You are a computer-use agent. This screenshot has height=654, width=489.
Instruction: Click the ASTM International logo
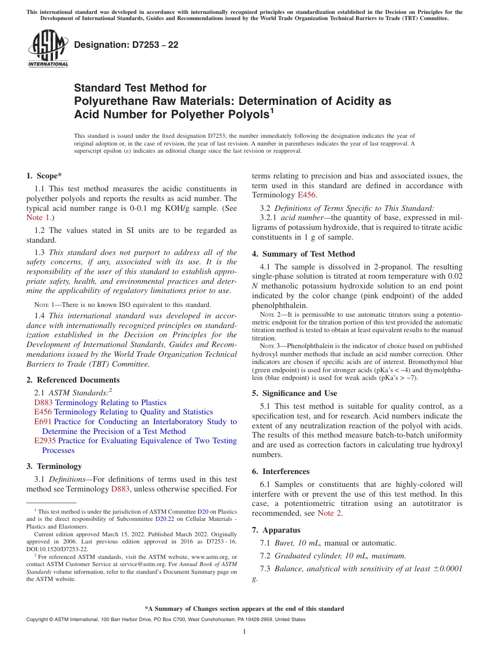pos(48,49)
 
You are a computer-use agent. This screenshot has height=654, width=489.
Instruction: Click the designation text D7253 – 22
pos(126,45)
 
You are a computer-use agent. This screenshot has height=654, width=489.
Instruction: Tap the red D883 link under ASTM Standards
pos(43,403)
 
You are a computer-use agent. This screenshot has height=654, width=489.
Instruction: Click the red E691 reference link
pos(43,422)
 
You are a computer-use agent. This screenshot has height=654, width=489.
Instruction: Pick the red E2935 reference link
pos(45,441)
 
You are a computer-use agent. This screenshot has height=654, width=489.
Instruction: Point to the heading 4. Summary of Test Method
pos(303,254)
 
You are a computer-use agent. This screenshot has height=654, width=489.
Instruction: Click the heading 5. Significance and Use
pos(294,393)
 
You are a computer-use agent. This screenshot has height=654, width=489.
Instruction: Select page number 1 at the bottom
pos(244,632)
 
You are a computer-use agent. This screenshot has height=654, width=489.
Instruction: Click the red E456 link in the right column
pos(307,195)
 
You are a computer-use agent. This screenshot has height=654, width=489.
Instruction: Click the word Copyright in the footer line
pos(38,620)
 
